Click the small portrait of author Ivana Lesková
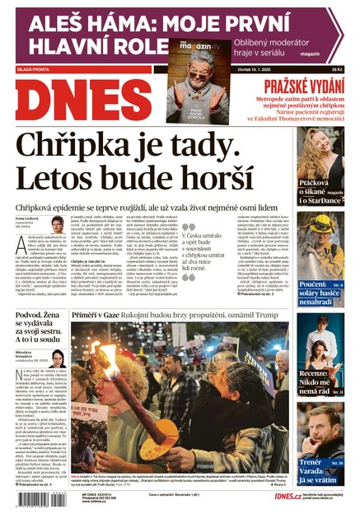pyautogui.click(x=58, y=224)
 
